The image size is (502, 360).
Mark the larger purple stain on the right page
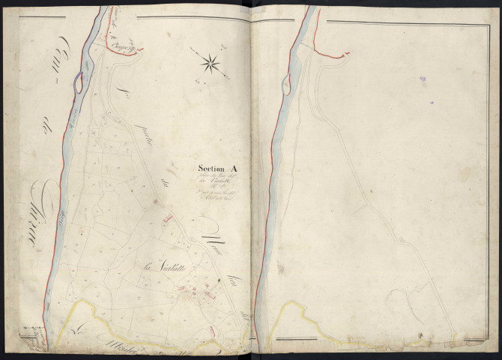point(422,77)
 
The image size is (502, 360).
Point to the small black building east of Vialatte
point(218,280)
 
